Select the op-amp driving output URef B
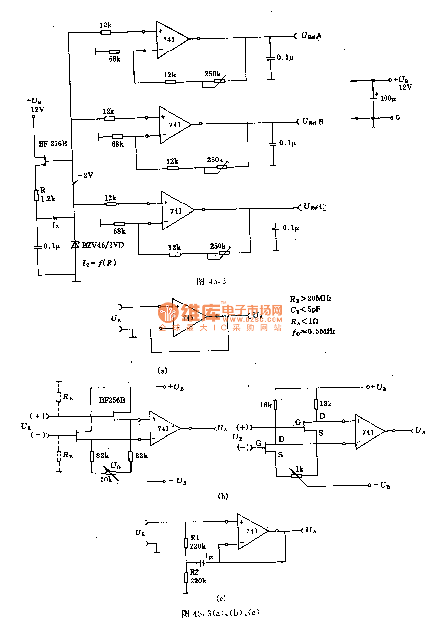(173, 125)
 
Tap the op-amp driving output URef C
(176, 210)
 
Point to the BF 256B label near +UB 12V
(53, 144)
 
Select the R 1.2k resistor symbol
(37, 196)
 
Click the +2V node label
(85, 175)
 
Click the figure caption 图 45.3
(211, 281)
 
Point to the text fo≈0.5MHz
(313, 332)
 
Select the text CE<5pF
(307, 309)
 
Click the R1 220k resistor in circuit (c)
(186, 543)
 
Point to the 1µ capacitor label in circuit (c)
(209, 557)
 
